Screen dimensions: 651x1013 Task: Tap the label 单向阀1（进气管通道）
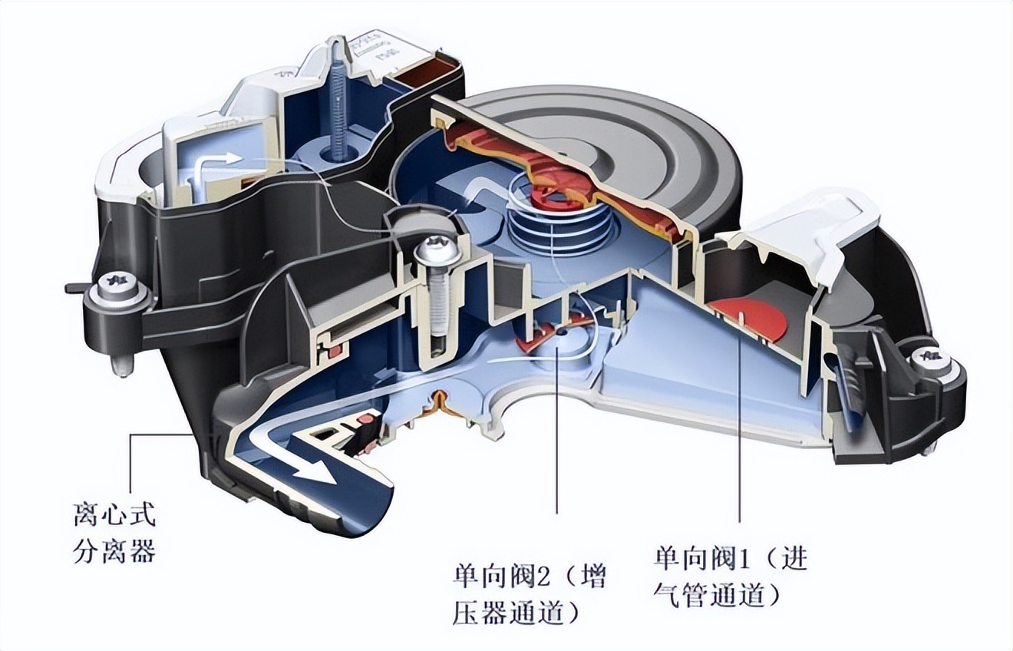730,577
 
